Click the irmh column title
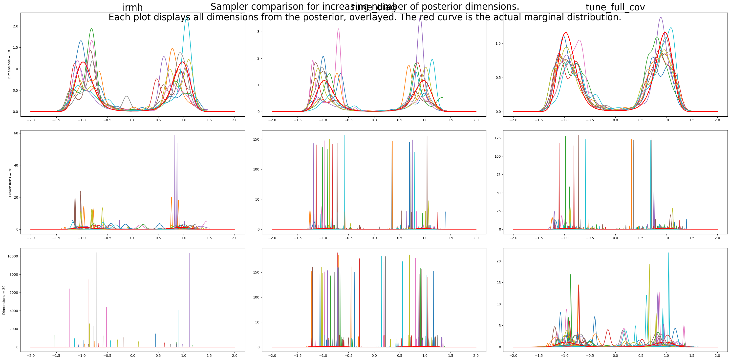pyautogui.click(x=132, y=7)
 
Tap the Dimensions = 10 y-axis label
pyautogui.click(x=9, y=64)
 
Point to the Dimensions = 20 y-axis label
pyautogui.click(x=10, y=182)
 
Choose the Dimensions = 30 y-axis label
pyautogui.click(x=4, y=300)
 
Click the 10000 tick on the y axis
pyautogui.click(x=12, y=256)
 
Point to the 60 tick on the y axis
pyautogui.click(x=16, y=133)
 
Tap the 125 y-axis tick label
pyautogui.click(x=497, y=138)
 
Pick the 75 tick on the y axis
pyautogui.click(x=498, y=175)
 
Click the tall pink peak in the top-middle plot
pyautogui.click(x=338, y=29)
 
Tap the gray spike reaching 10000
pyautogui.click(x=96, y=253)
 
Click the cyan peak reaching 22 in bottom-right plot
pyautogui.click(x=668, y=253)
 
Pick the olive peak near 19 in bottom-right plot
pyautogui.click(x=649, y=265)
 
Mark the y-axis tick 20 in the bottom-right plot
pyautogui.click(x=498, y=261)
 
